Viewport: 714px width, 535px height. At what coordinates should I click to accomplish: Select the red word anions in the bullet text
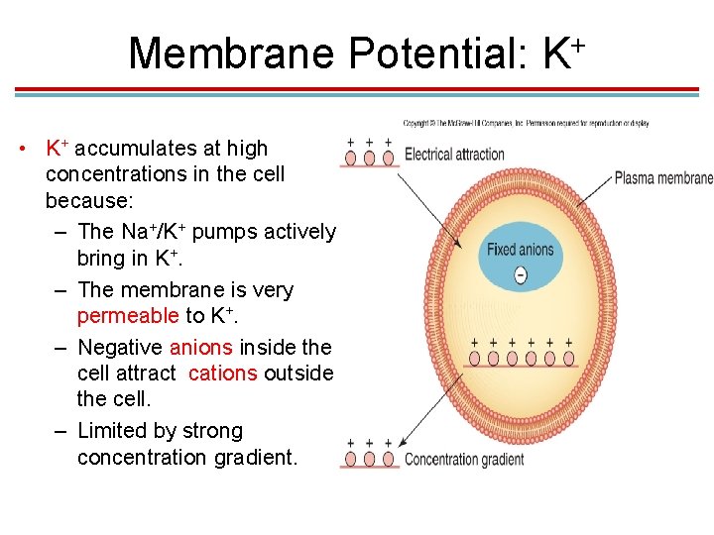201,348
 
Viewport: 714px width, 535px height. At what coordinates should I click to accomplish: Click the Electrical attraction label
454,155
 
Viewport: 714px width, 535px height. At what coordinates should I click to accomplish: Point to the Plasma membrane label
663,179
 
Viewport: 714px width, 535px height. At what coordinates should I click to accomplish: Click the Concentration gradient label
464,460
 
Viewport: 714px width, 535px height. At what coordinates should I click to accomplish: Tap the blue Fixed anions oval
521,250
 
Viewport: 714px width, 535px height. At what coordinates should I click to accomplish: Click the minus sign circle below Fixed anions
521,274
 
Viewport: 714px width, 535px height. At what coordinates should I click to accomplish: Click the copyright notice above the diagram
526,123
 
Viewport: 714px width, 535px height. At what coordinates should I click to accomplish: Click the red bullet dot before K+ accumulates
21,150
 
